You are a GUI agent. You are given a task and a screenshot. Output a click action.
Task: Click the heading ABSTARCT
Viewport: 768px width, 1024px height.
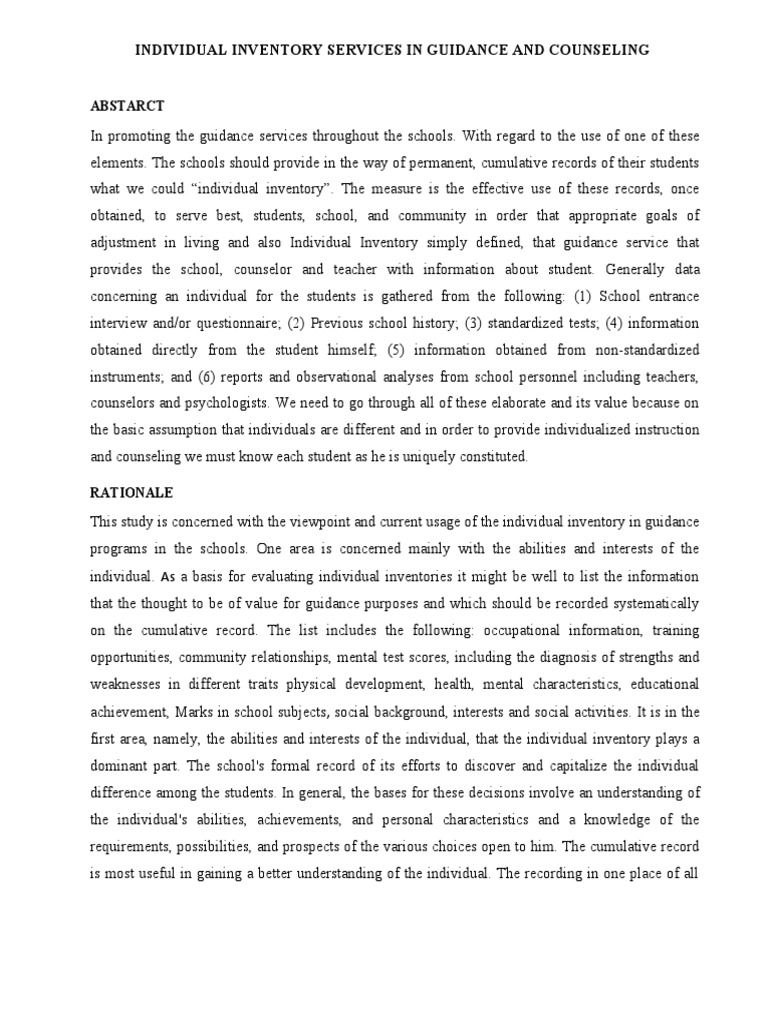127,105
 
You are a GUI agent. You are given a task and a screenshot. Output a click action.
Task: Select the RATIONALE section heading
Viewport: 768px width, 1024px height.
132,494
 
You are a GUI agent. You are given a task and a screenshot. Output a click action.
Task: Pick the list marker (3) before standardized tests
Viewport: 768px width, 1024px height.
392,322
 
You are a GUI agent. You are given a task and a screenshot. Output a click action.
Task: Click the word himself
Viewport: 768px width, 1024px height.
354,349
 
